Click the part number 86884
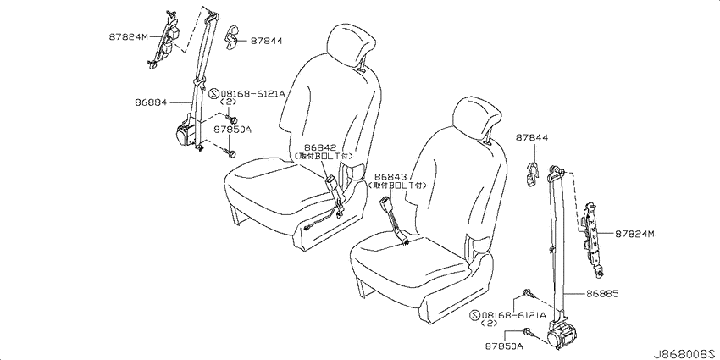[x=151, y=102]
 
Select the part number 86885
[x=602, y=293]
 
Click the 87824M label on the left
[x=129, y=36]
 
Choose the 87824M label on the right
[x=634, y=234]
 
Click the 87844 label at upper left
[x=266, y=41]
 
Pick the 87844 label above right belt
[x=532, y=137]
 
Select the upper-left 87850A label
[x=232, y=130]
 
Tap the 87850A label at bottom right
[x=504, y=346]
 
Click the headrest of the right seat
[x=475, y=119]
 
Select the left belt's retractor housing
[x=187, y=133]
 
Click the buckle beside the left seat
[x=332, y=186]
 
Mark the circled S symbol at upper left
[x=213, y=94]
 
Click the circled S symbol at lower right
[x=475, y=315]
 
